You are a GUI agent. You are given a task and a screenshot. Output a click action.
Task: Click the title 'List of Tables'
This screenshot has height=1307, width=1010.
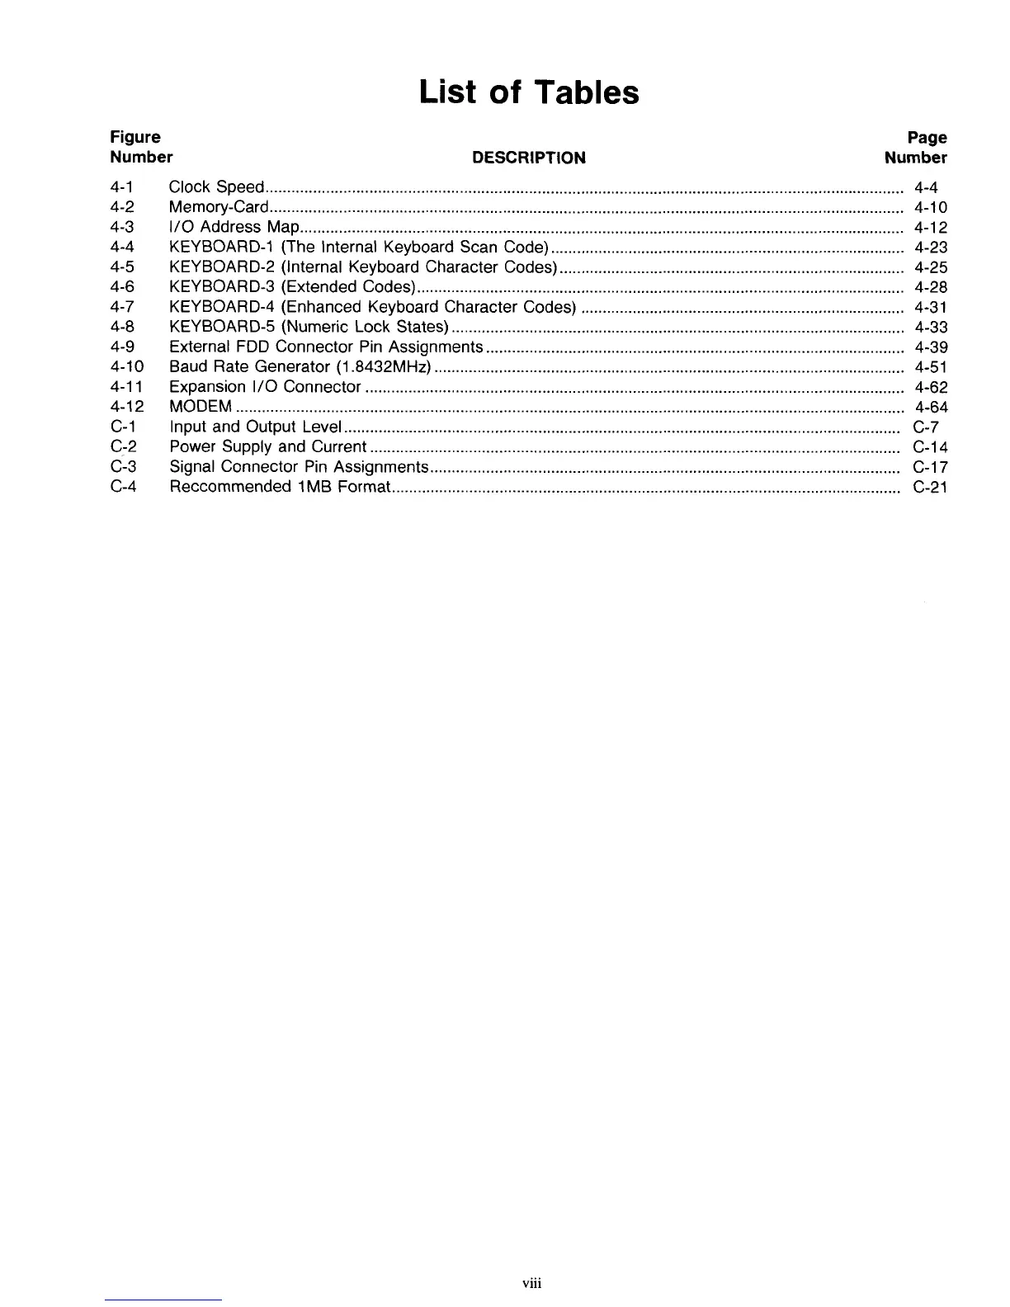tap(528, 92)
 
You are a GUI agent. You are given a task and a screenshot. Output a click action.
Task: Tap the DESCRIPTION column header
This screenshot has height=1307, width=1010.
tap(528, 158)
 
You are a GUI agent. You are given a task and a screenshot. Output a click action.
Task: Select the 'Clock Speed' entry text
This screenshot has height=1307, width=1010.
tap(216, 187)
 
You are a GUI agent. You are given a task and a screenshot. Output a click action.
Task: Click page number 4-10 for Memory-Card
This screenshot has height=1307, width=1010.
tap(931, 207)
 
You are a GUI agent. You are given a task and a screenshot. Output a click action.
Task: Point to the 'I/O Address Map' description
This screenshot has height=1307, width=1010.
tap(234, 227)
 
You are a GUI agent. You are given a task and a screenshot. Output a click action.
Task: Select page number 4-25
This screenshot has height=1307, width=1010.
tap(931, 267)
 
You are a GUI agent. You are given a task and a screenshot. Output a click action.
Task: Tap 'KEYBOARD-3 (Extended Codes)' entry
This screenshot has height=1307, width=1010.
tap(291, 287)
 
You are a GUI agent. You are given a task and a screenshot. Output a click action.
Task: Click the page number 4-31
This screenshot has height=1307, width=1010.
tap(931, 307)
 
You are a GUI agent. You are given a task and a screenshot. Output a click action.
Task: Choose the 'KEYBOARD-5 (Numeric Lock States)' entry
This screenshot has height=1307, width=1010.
tap(309, 327)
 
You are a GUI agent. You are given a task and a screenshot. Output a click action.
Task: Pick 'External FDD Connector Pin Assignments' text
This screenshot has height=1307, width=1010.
tap(326, 347)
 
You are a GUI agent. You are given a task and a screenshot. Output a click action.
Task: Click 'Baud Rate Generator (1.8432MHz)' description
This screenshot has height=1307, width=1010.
tap(301, 366)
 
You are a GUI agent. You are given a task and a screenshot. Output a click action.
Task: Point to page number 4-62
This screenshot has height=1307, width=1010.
tap(931, 387)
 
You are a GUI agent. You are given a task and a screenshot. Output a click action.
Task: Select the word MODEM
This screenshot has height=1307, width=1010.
tap(201, 407)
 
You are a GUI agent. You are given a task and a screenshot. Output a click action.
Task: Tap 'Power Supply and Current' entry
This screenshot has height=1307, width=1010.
tap(267, 446)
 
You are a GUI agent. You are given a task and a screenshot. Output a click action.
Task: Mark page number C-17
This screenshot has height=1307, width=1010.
tap(930, 467)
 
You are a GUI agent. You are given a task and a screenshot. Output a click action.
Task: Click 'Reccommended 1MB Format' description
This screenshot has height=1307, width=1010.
tap(280, 487)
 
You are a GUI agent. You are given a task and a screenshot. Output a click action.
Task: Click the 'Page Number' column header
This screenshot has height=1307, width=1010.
tap(916, 148)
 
